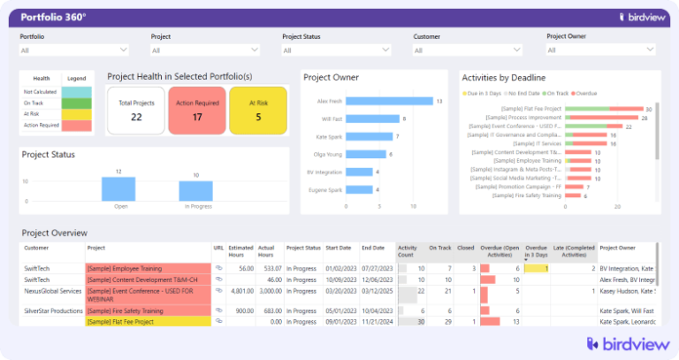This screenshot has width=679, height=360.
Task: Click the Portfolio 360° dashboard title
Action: point(53,17)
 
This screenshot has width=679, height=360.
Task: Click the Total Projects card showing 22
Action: point(136,111)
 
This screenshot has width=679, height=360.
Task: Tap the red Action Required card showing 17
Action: point(197,111)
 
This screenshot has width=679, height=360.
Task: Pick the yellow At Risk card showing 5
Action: point(258,111)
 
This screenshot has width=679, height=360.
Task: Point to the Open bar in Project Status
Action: point(118,188)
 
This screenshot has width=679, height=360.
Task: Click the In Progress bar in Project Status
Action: point(195,191)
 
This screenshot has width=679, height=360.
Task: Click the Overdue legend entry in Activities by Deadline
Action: point(586,92)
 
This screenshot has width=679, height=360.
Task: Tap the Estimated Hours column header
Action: point(240,252)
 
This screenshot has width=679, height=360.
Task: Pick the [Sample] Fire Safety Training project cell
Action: point(147,310)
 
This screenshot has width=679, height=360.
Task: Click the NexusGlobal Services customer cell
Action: point(53,289)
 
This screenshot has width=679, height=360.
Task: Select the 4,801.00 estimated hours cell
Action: point(240,289)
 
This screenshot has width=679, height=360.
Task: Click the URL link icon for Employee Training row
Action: point(218,268)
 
